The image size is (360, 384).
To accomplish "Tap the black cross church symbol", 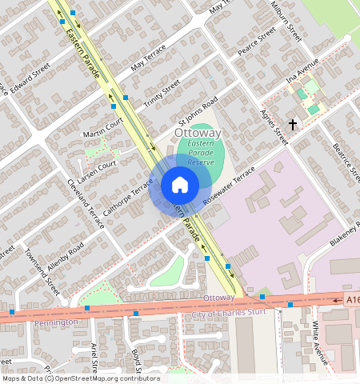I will [293, 125].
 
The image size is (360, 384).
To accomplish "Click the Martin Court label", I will [102, 126].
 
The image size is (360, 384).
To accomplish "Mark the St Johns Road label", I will [198, 114].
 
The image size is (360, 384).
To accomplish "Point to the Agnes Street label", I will [274, 126].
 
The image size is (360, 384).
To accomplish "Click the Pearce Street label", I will [257, 42].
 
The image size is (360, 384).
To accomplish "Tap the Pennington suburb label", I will [56, 322].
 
